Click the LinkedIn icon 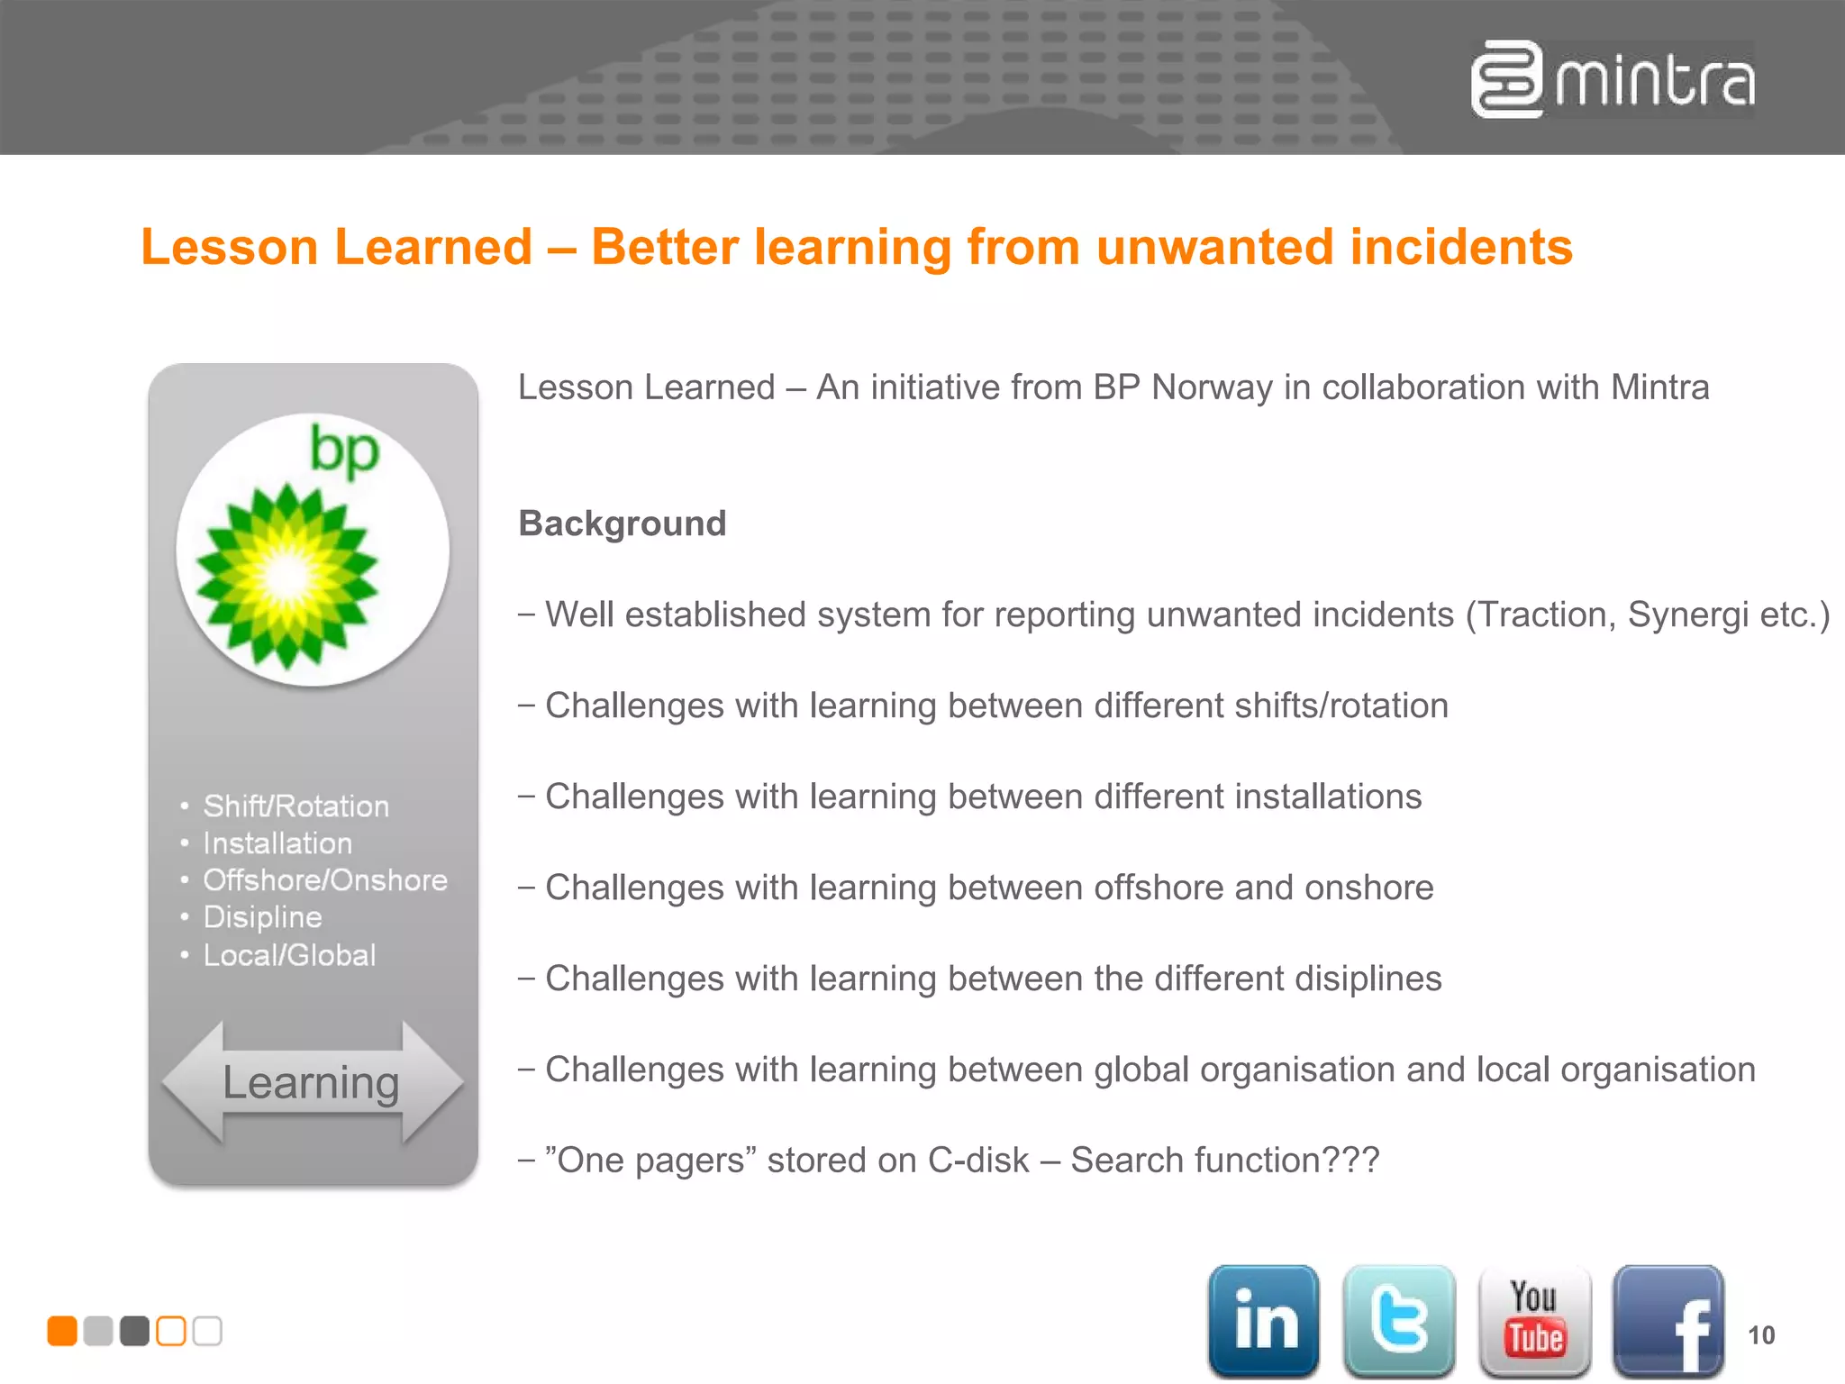(x=1263, y=1320)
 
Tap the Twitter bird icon (x=1398, y=1320)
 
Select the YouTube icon (x=1534, y=1320)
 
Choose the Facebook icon (x=1668, y=1322)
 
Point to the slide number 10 (x=1761, y=1335)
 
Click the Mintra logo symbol (x=1506, y=79)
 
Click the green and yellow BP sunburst (x=287, y=577)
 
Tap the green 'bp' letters (x=344, y=451)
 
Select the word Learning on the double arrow (x=311, y=1082)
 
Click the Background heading (x=623, y=524)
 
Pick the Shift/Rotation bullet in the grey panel (x=295, y=806)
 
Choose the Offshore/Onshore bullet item (x=324, y=879)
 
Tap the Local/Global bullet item (x=289, y=955)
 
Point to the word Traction (x=1542, y=615)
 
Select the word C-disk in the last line (x=978, y=1161)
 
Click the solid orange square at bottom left (x=62, y=1331)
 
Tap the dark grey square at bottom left (x=134, y=1331)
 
